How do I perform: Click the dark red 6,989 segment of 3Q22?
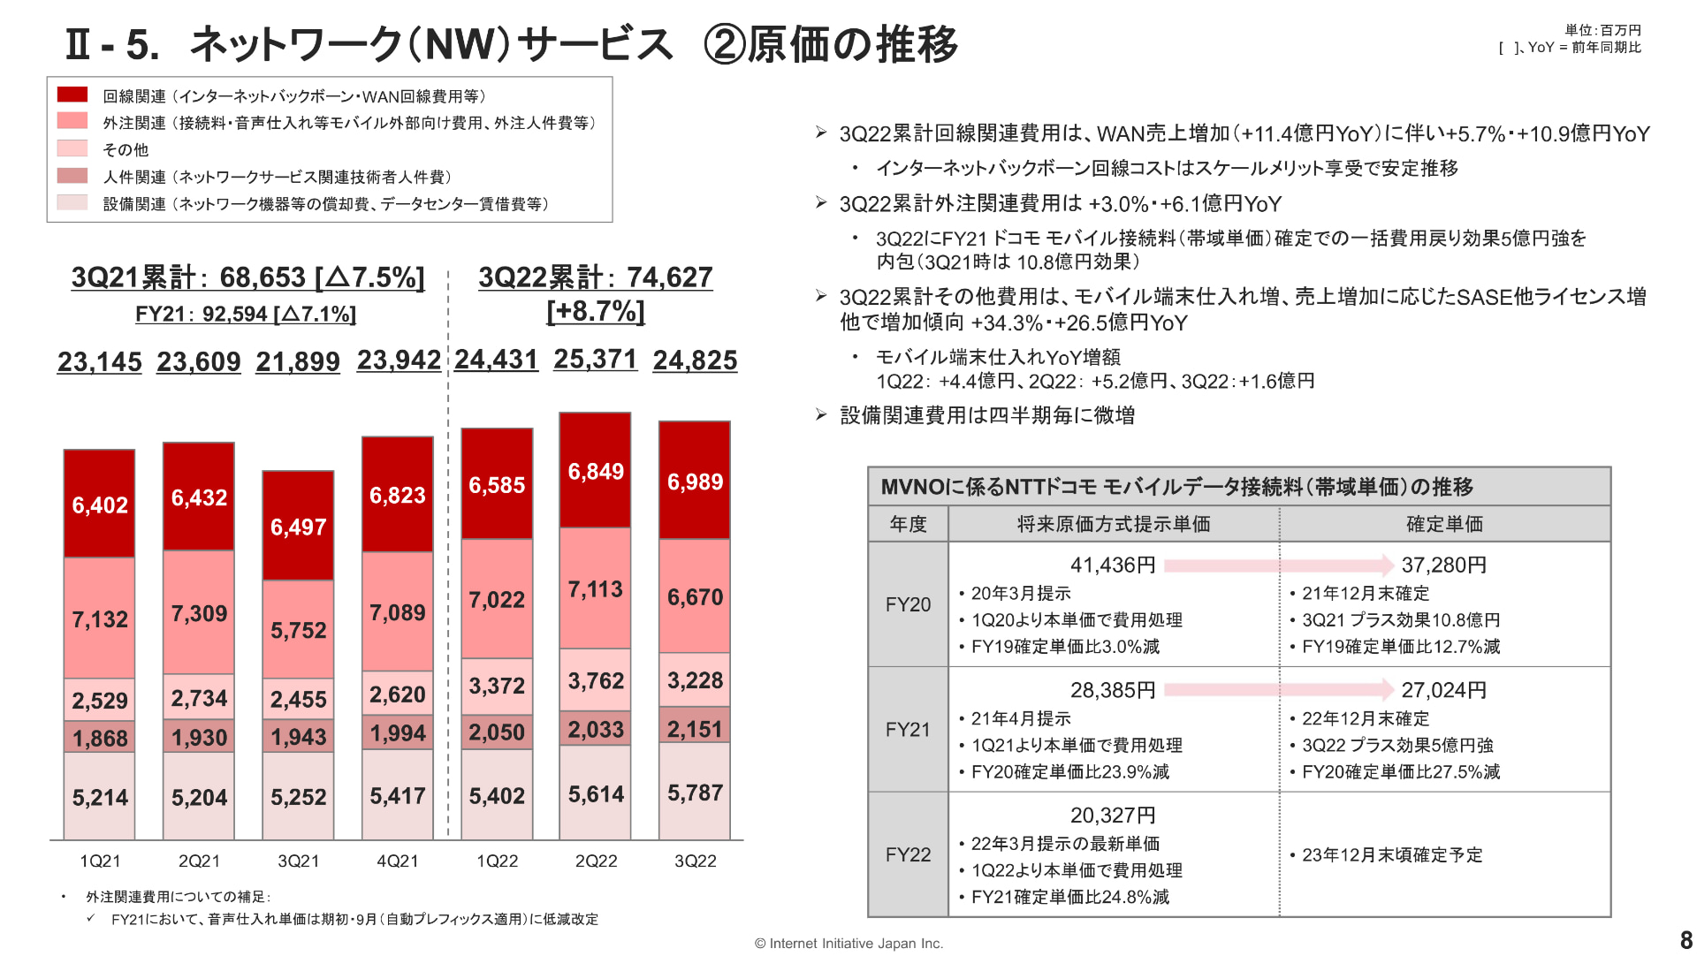click(x=695, y=481)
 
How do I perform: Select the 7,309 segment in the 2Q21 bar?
click(x=199, y=612)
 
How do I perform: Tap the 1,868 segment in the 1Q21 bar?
click(x=100, y=737)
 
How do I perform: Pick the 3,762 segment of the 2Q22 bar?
click(x=596, y=680)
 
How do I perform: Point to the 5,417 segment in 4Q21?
click(x=398, y=795)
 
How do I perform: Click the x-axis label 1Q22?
click(x=497, y=861)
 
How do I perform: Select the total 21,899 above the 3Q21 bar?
click(x=298, y=361)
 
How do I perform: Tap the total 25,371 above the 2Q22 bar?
click(x=596, y=359)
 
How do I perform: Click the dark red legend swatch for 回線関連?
click(x=72, y=95)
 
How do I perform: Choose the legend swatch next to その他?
click(x=72, y=148)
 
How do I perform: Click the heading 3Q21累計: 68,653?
click(x=247, y=277)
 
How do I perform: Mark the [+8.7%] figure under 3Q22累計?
click(x=596, y=311)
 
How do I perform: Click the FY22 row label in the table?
click(x=908, y=854)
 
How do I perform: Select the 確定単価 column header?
click(x=1444, y=524)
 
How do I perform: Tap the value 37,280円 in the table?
click(x=1444, y=565)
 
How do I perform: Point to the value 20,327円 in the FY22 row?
click(x=1113, y=815)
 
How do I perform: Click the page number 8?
click(x=1686, y=940)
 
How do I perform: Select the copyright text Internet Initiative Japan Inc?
click(x=848, y=944)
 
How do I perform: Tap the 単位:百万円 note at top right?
click(x=1602, y=30)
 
